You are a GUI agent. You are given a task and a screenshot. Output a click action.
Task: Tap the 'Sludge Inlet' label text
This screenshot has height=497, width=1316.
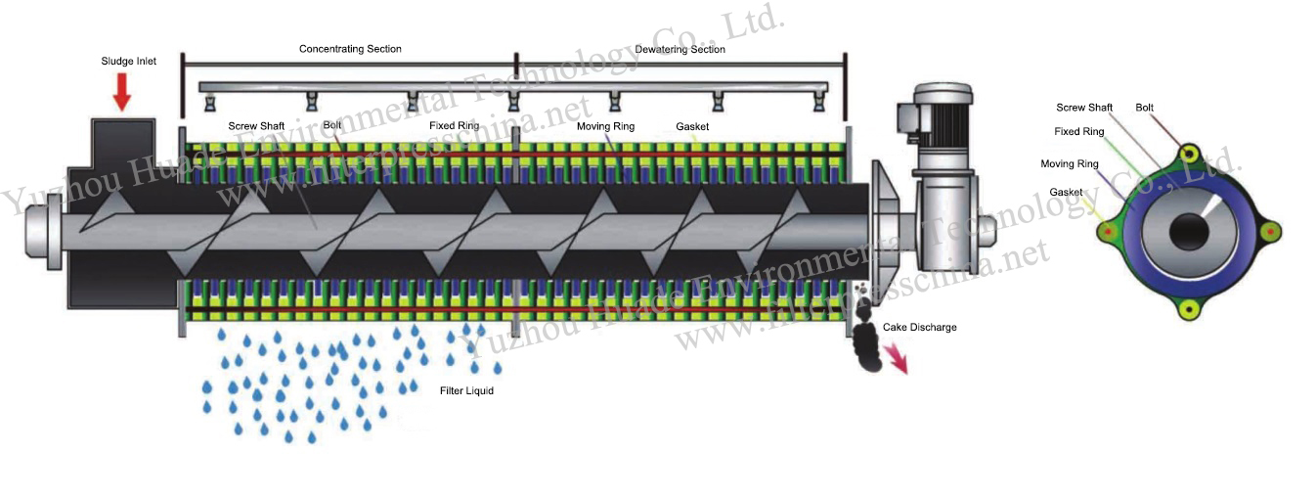(x=128, y=62)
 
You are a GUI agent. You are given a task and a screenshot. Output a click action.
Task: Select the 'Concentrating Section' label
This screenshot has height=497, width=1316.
(x=350, y=49)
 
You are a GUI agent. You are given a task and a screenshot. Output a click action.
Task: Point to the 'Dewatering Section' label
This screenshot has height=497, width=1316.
(x=680, y=49)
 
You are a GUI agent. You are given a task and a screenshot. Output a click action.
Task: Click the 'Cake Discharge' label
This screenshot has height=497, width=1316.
(x=919, y=327)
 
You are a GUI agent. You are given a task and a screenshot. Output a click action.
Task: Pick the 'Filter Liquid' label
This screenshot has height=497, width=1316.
(x=466, y=391)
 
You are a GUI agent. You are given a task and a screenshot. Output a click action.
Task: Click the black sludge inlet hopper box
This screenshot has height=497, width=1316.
(x=123, y=147)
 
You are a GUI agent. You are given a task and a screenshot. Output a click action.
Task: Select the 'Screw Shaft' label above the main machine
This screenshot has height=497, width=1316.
(x=256, y=126)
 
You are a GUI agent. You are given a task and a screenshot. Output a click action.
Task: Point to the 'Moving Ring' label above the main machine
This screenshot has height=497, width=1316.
(x=605, y=126)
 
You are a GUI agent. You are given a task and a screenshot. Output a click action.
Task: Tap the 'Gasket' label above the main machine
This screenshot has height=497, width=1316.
(x=692, y=126)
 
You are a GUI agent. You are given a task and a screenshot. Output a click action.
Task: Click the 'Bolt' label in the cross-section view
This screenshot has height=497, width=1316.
(x=1143, y=108)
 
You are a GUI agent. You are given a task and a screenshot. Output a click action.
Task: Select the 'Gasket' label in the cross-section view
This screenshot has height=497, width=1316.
(x=1066, y=192)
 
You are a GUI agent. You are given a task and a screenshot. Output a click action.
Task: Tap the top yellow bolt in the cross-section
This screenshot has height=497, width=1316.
(x=1189, y=155)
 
